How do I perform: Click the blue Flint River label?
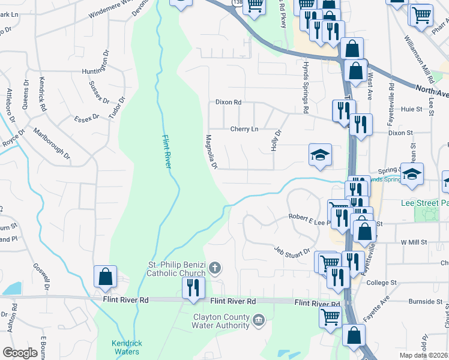pos(166,153)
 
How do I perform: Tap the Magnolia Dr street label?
pos(211,151)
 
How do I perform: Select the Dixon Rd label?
pos(228,103)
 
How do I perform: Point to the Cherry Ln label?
pos(244,129)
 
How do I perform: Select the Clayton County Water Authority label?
pos(221,321)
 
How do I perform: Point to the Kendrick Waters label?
pos(126,347)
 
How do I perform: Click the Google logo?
pos(20,353)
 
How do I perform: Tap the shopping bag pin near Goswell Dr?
pos(105,277)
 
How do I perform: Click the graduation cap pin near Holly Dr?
pos(320,155)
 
